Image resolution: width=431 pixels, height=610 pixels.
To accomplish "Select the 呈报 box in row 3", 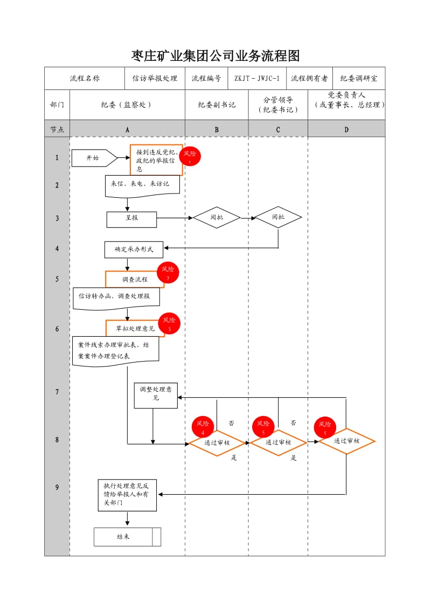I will click(x=131, y=219).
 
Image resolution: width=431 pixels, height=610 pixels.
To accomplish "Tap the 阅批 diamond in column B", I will click(x=217, y=217).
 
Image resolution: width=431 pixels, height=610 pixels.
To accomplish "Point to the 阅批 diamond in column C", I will click(x=278, y=217).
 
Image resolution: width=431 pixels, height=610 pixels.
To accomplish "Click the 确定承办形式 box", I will click(x=134, y=249).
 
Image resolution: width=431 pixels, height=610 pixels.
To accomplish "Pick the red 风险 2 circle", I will click(x=168, y=273).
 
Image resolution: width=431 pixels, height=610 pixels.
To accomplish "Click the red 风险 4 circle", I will click(x=203, y=427).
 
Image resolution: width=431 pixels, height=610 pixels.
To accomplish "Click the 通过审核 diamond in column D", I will click(x=346, y=441).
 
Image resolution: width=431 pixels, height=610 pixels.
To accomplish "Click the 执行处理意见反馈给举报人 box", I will click(x=127, y=494).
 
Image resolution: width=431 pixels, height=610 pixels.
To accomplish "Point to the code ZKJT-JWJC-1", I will click(x=257, y=78).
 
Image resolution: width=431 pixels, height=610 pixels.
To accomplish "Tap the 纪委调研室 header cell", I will click(x=359, y=78).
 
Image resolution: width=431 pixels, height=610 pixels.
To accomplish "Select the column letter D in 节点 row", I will click(x=346, y=129).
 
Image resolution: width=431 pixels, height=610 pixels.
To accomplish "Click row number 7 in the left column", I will click(x=57, y=392).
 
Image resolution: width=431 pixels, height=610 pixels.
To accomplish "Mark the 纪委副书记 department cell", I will click(x=217, y=105).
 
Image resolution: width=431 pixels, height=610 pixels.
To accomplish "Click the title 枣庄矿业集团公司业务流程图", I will click(x=215, y=56).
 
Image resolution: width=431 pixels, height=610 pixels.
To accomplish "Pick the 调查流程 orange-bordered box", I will click(x=135, y=279).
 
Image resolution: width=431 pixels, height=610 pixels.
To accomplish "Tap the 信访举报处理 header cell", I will click(x=155, y=78).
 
